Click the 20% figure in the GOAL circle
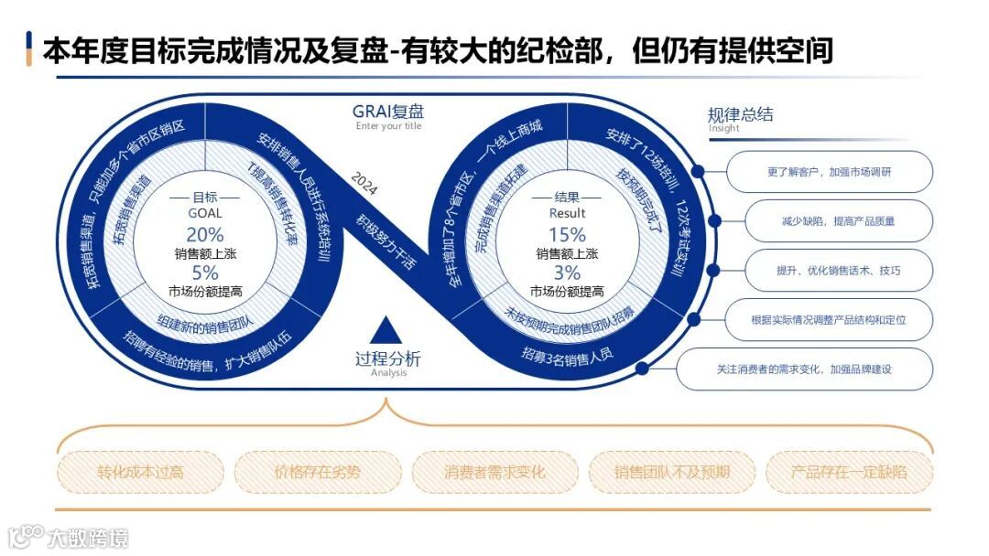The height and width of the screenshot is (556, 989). pos(205,233)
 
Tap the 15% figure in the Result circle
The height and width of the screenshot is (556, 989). pos(567,234)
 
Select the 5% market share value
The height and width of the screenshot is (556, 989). pos(205,273)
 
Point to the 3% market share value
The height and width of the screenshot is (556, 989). pos(567,273)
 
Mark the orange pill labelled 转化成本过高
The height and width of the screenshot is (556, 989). pos(140,473)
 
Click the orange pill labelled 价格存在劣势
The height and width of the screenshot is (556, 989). pos(318,473)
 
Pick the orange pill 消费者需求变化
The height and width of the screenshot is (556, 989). pos(494,473)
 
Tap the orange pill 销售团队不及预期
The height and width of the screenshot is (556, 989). pos(672,473)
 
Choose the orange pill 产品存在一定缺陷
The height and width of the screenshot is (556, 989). pos(849,473)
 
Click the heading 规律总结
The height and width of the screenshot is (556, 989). pos(740,114)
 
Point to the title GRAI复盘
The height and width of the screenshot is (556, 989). pos(388,112)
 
